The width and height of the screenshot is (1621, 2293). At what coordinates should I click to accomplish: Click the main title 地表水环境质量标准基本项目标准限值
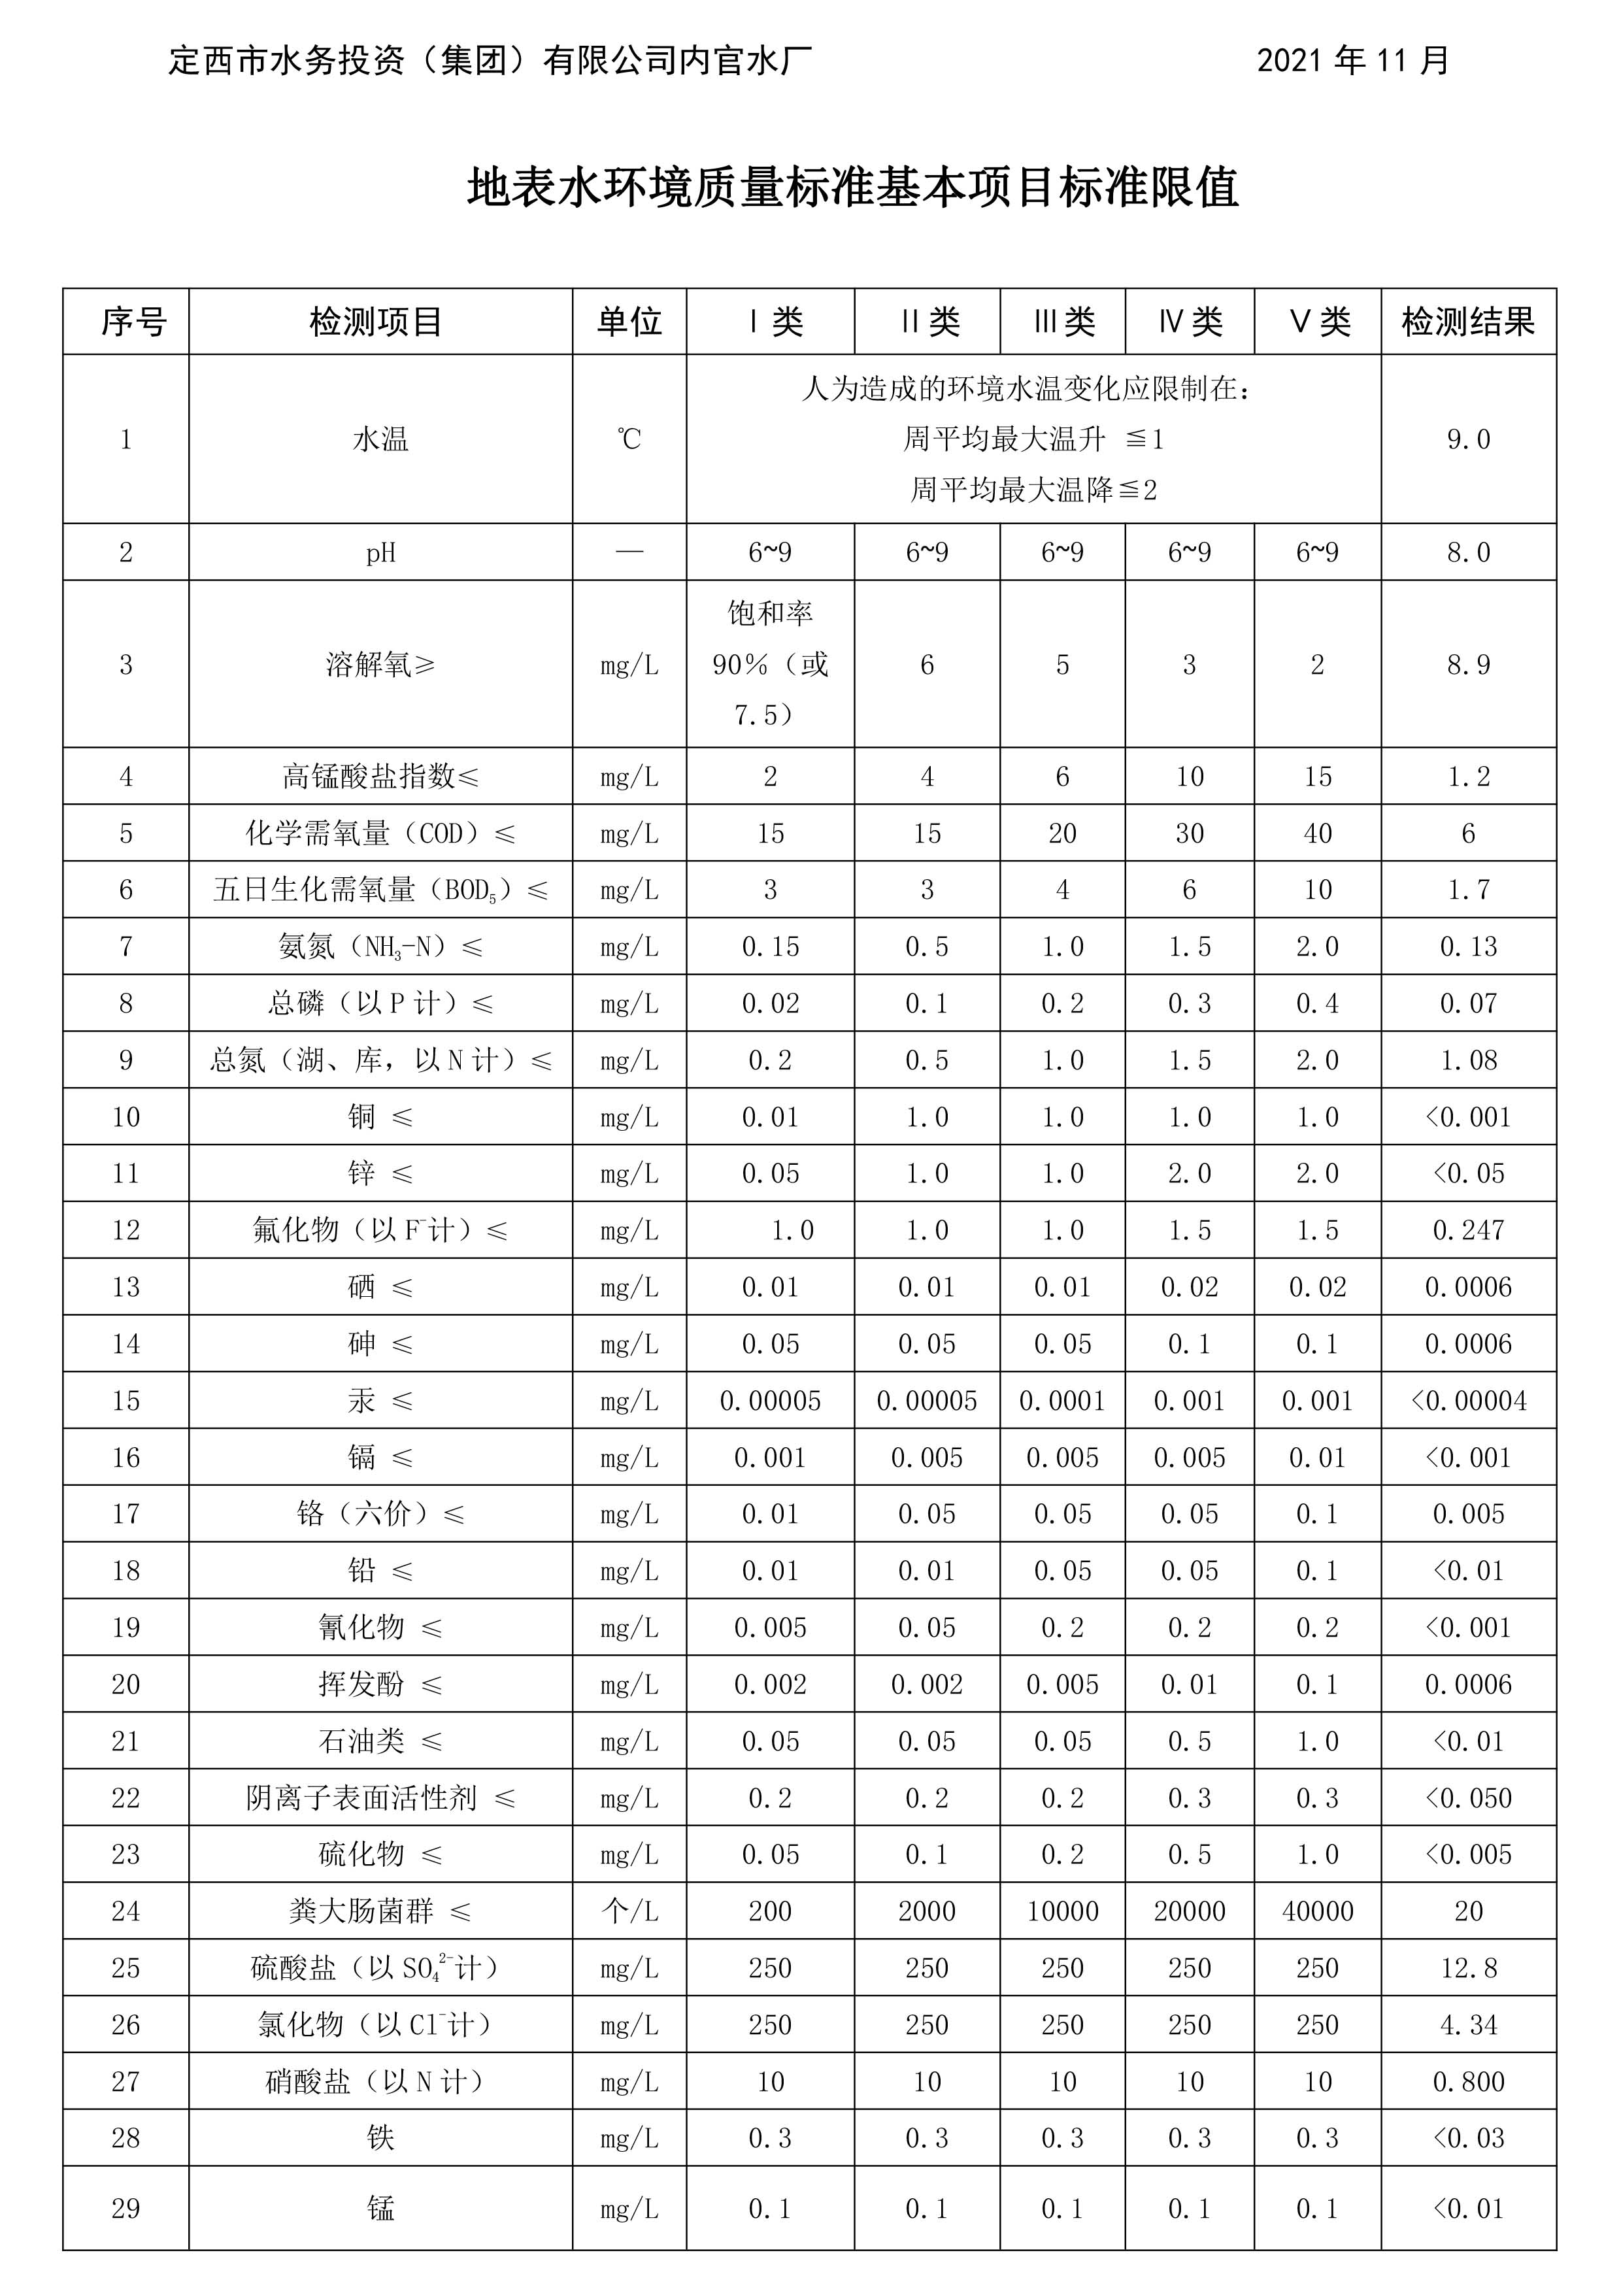[x=853, y=188]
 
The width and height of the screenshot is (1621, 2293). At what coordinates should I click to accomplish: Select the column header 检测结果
[x=1467, y=322]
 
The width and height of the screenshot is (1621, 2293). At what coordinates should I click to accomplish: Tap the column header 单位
[x=629, y=322]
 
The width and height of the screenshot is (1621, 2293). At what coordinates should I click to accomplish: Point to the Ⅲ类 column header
[x=1063, y=322]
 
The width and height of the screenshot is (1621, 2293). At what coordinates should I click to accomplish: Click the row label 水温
[x=380, y=439]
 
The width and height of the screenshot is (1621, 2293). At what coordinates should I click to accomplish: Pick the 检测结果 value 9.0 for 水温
[x=1467, y=439]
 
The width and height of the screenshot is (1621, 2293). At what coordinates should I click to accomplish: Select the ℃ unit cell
[x=629, y=439]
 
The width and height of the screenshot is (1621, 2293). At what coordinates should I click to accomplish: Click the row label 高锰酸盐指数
[x=380, y=776]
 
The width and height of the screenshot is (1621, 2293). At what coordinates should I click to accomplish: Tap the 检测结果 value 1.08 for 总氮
[x=1467, y=1060]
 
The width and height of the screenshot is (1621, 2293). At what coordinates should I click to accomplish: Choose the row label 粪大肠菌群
[x=380, y=1911]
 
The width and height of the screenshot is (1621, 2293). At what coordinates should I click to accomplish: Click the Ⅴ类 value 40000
[x=1316, y=1911]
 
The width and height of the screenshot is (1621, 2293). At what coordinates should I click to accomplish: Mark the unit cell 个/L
[x=629, y=1911]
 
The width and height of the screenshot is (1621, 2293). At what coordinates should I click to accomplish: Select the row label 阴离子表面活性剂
[x=380, y=1798]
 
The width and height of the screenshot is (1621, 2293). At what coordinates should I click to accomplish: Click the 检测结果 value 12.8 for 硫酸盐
[x=1467, y=1967]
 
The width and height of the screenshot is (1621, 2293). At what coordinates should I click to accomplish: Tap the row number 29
[x=126, y=2208]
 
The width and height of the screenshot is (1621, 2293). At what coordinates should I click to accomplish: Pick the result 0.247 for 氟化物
[x=1467, y=1230]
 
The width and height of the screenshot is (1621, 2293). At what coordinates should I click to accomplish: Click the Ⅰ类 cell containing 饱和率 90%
[x=770, y=664]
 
